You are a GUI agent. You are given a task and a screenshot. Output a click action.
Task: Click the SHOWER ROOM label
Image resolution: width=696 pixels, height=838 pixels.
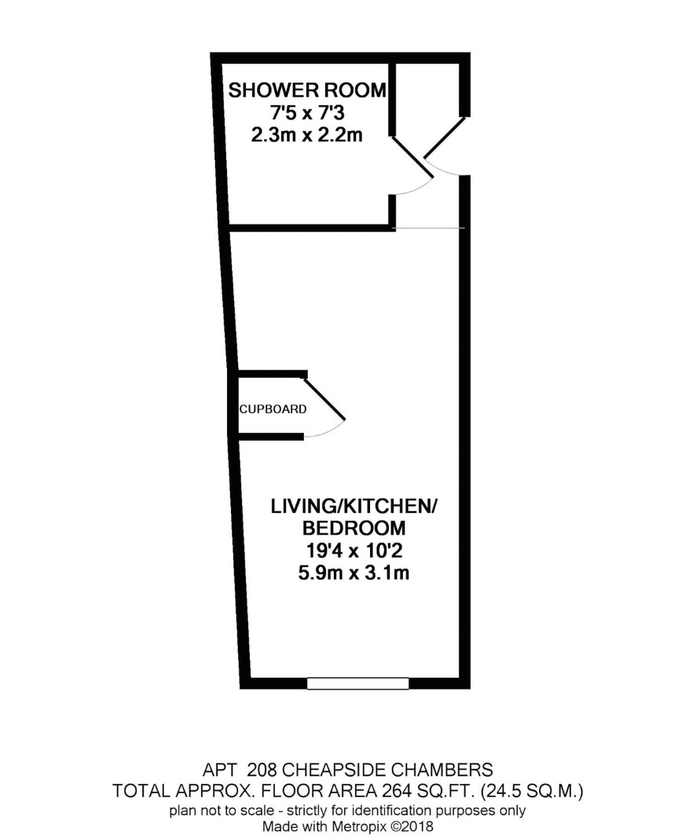point(307,90)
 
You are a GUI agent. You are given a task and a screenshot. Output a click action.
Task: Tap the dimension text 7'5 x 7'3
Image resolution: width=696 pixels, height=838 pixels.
point(307,113)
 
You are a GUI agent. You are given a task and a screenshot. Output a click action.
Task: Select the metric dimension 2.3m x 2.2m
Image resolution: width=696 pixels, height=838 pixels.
point(307,134)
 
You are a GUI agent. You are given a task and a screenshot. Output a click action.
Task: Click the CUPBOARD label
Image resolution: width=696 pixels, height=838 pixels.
point(273,409)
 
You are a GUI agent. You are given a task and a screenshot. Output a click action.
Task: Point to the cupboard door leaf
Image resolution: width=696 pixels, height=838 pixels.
point(324,398)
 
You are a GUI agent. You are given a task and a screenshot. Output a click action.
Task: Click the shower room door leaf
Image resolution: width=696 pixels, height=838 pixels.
point(412,156)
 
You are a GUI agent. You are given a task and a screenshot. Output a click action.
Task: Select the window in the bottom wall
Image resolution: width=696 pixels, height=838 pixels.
point(357,683)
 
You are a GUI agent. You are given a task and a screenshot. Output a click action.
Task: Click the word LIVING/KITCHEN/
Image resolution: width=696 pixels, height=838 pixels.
point(353,506)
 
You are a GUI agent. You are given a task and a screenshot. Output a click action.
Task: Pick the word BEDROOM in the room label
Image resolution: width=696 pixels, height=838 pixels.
point(353,528)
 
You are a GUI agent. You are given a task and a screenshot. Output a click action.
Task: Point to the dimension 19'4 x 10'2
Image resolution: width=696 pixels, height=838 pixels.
point(353,551)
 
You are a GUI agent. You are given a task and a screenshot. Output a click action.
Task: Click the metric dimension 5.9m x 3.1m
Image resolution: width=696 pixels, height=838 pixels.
point(353,573)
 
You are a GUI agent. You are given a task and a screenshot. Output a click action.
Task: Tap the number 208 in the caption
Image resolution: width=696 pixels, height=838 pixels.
point(262,770)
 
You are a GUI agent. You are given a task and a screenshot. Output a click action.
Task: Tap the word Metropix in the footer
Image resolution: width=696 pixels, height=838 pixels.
point(362,826)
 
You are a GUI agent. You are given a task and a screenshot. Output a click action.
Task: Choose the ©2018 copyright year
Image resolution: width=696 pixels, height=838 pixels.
point(412,826)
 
